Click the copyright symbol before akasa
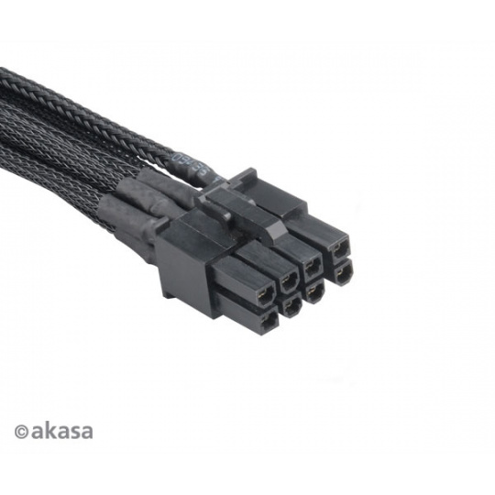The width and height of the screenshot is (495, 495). pyautogui.click(x=21, y=433)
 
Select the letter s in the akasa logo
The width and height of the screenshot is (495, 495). pyautogui.click(x=72, y=433)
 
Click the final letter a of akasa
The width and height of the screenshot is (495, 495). pyautogui.click(x=85, y=433)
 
